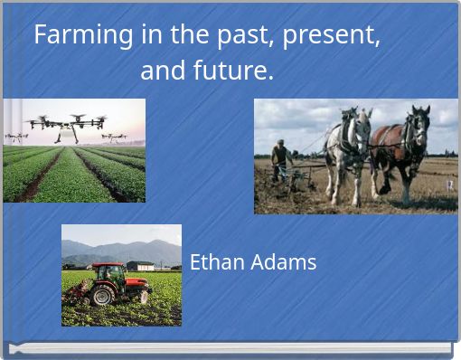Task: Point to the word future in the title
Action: point(230,70)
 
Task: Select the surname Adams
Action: point(284,262)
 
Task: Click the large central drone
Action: point(66,122)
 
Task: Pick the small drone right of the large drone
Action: point(114,137)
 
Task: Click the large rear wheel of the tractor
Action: point(104,294)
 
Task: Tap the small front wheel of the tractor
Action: point(141,296)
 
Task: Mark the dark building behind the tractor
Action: point(139,266)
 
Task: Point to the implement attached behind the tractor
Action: point(78,289)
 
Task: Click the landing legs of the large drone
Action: point(66,136)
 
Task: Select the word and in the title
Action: point(161,70)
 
